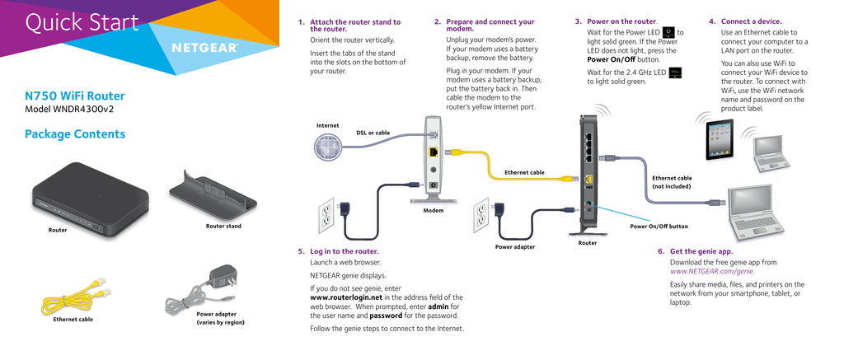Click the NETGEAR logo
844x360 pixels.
(x=204, y=47)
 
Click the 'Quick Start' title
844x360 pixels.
(x=82, y=23)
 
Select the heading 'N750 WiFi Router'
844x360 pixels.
(x=75, y=96)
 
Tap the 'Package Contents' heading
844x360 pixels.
(x=75, y=134)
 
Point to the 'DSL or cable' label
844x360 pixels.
(x=373, y=133)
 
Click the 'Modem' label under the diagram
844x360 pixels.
(x=433, y=211)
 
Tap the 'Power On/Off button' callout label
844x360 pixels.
(x=659, y=226)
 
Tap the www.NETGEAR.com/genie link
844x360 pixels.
(x=712, y=271)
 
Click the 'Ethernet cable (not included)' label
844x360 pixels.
(x=672, y=182)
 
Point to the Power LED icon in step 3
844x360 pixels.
(x=668, y=32)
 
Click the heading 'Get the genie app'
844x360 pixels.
(x=701, y=251)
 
